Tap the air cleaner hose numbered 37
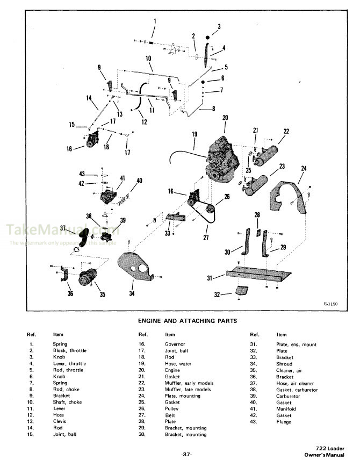[x=83, y=236]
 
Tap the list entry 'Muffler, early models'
[x=189, y=383]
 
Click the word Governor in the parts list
[x=175, y=344]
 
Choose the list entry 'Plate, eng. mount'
[x=296, y=344]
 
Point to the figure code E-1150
[x=331, y=305]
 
